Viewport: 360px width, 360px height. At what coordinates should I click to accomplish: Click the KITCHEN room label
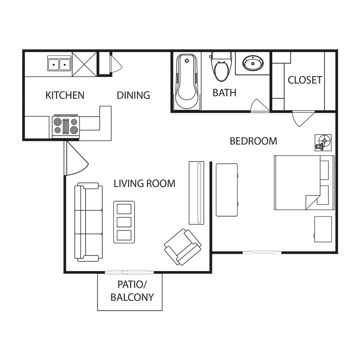(x=65, y=95)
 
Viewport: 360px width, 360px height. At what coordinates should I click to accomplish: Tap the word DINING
(x=134, y=95)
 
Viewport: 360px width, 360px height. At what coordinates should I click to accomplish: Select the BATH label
(x=224, y=93)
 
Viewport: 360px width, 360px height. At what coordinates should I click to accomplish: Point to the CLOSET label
(x=305, y=80)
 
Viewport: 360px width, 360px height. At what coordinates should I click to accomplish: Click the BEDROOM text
(x=253, y=141)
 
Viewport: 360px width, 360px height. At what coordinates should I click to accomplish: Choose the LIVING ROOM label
(x=145, y=184)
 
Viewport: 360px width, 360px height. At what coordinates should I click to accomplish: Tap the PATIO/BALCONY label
(x=132, y=291)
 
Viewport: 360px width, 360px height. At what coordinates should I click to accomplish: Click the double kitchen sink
(x=59, y=63)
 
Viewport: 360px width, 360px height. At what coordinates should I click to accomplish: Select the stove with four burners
(x=66, y=126)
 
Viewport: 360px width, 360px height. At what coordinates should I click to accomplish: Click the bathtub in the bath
(x=187, y=81)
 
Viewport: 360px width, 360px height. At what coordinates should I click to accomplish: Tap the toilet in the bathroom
(x=221, y=67)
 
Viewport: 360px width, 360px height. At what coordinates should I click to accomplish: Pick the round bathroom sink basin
(x=253, y=63)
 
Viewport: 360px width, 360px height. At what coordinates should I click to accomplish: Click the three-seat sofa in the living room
(x=89, y=222)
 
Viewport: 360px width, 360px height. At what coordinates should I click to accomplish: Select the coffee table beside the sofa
(x=124, y=222)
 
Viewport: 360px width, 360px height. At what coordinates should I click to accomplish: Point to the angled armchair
(x=183, y=247)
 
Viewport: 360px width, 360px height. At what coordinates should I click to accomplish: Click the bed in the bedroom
(x=304, y=183)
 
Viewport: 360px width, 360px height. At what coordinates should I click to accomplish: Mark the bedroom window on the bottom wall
(x=262, y=253)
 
